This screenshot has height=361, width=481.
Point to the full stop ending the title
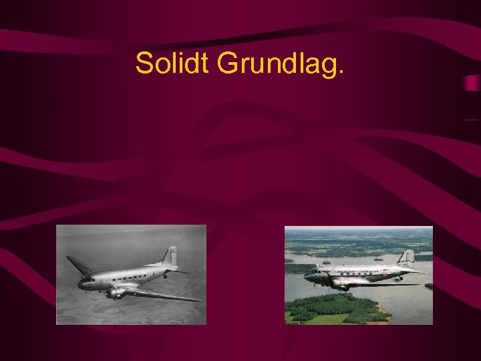(x=342, y=73)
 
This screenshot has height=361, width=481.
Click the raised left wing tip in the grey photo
(x=71, y=259)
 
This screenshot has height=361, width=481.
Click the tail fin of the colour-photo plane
(x=407, y=257)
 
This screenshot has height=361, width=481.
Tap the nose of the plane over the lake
(x=307, y=274)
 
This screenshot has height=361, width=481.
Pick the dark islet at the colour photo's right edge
(x=428, y=286)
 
